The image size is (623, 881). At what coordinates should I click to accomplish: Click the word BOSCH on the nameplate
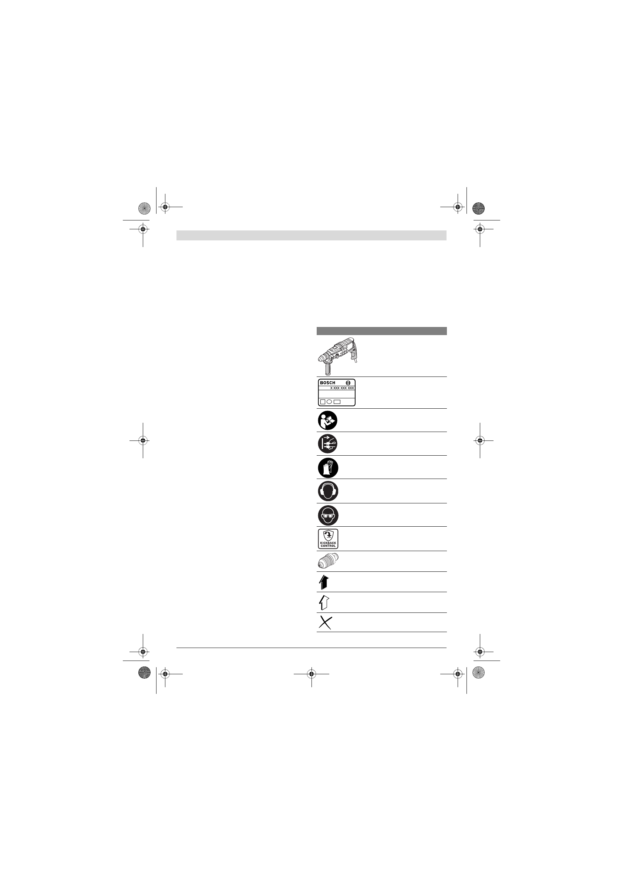pyautogui.click(x=327, y=382)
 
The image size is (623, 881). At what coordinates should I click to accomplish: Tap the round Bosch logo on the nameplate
pyautogui.click(x=348, y=382)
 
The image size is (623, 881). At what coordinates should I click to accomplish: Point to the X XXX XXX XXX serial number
pyautogui.click(x=342, y=388)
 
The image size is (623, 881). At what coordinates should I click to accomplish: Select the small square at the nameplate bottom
pyautogui.click(x=323, y=402)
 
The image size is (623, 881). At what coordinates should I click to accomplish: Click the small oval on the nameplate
pyautogui.click(x=329, y=402)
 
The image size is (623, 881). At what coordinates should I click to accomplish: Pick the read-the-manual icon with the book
pyautogui.click(x=328, y=420)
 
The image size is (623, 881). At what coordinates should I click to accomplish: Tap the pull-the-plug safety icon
pyautogui.click(x=328, y=444)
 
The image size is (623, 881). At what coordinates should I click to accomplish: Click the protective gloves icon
pyautogui.click(x=328, y=467)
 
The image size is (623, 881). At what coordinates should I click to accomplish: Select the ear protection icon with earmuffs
pyautogui.click(x=328, y=491)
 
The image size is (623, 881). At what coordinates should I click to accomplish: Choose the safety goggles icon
pyautogui.click(x=328, y=515)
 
